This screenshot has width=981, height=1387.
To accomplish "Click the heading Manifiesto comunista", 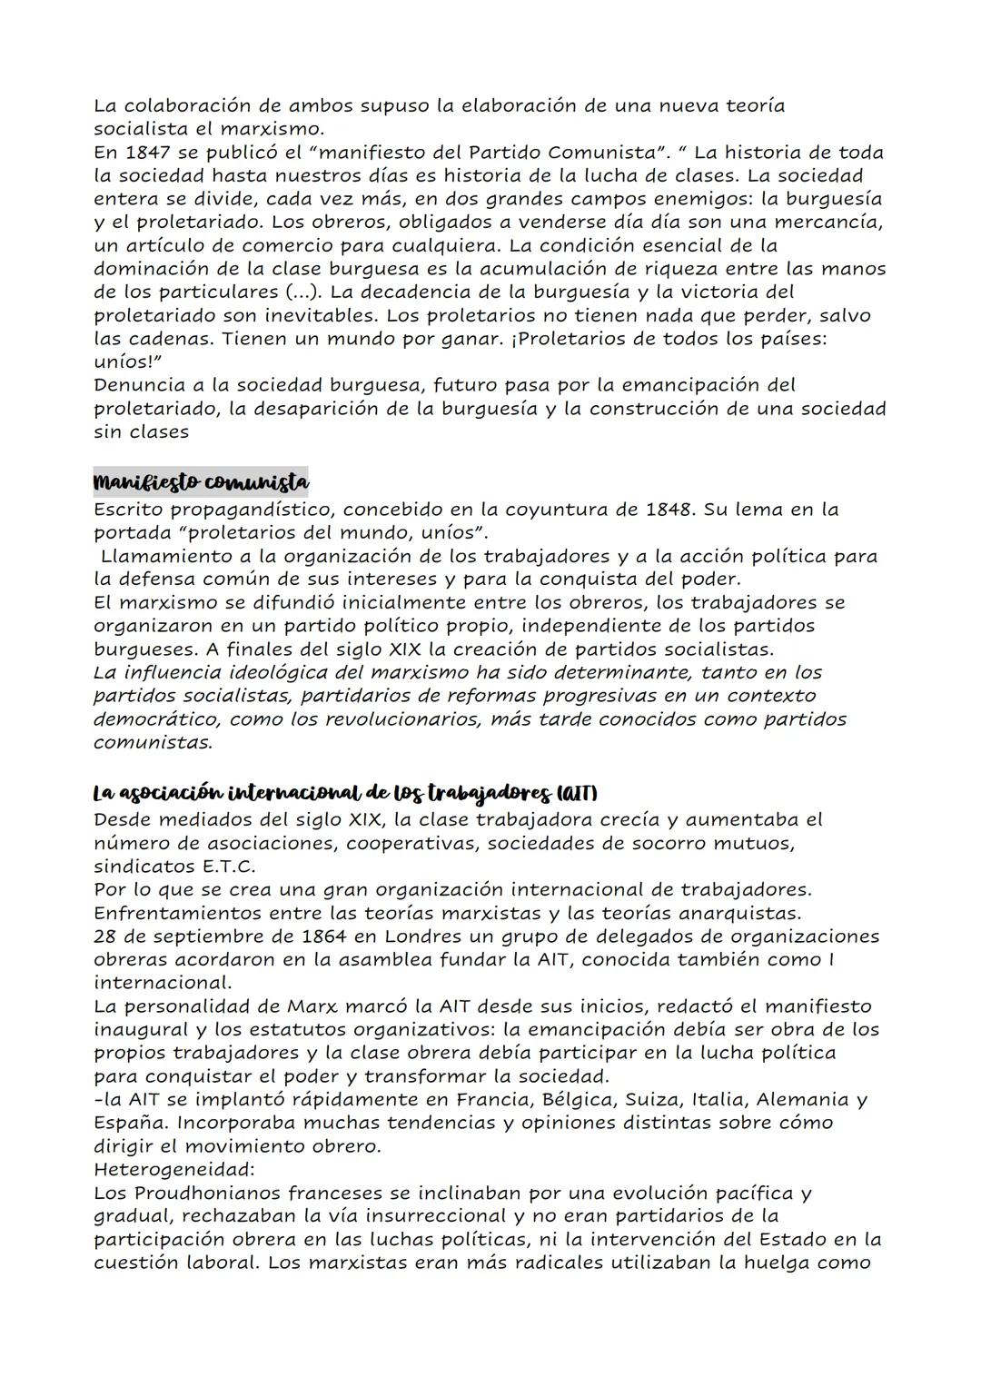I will point(201,480).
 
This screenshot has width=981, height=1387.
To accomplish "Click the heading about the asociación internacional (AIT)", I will point(344,793).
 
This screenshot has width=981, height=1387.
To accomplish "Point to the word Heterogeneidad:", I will point(173,1169).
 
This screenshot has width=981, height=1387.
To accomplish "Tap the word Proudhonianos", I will point(205,1193).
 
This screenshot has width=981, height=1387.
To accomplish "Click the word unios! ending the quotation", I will point(126,362).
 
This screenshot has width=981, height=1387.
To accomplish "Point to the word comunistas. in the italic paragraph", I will point(153,742).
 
